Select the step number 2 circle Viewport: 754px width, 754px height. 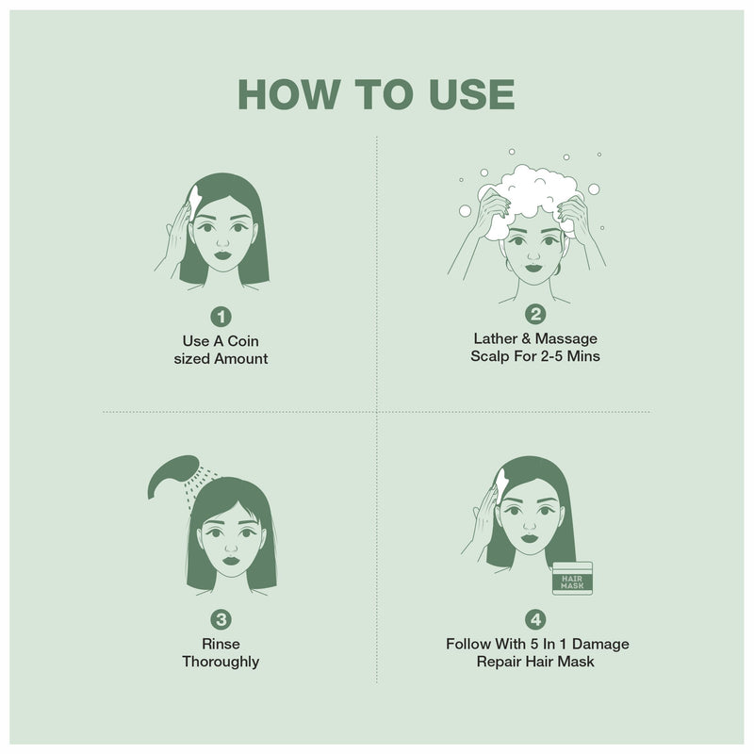pos(536,316)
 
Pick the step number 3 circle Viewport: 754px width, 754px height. pos(221,619)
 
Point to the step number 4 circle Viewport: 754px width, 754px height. pos(536,619)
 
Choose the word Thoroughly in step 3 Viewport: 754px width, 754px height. pos(221,662)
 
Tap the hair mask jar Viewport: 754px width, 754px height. pos(571,579)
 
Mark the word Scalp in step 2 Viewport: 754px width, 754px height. pos(492,357)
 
